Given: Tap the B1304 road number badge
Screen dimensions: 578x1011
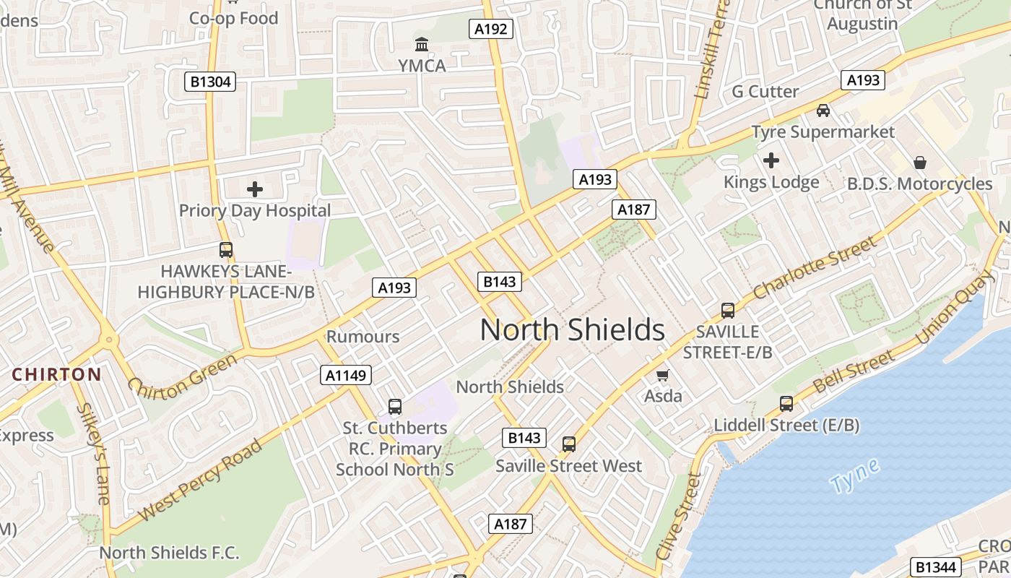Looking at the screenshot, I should click(x=210, y=82).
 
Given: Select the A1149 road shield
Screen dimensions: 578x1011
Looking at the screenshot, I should click(x=346, y=375).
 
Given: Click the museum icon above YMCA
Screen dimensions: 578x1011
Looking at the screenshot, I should click(x=422, y=45).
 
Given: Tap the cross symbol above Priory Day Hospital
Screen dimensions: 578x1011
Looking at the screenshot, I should click(x=255, y=189).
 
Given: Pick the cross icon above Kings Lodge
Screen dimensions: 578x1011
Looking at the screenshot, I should click(x=771, y=160).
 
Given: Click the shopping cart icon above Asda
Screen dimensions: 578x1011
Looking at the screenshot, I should click(x=662, y=375).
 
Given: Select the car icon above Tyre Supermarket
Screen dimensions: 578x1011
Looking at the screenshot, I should click(x=823, y=111).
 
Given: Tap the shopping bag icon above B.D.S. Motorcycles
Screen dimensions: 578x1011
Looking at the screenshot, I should click(x=920, y=162).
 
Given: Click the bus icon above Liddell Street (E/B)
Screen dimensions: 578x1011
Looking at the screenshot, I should click(x=786, y=403).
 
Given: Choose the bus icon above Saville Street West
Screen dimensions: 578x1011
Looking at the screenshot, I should click(x=569, y=444).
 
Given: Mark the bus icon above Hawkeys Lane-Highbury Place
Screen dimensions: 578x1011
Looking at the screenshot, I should click(x=226, y=250).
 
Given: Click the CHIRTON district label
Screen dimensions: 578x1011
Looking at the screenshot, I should click(x=56, y=374).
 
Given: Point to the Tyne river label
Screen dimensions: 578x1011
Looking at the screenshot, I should click(x=854, y=475).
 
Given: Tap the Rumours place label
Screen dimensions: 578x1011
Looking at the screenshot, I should click(x=363, y=337).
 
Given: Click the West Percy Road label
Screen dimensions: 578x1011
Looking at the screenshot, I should click(x=200, y=479).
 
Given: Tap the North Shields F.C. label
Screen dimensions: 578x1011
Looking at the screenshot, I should click(x=169, y=553).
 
